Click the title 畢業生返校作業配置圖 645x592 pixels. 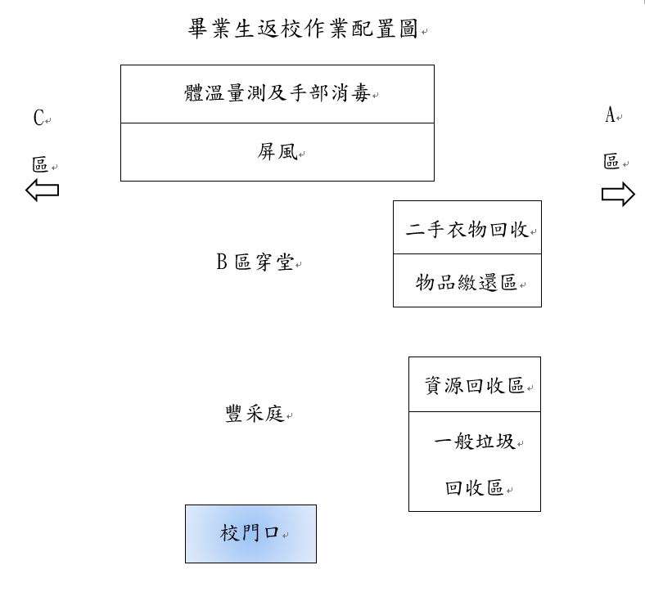coord(303,29)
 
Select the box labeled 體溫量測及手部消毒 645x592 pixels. coord(277,94)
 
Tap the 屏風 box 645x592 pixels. coord(277,152)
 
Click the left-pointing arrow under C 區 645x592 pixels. coord(42,190)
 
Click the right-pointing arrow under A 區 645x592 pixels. coord(618,194)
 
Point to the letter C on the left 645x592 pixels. coord(38,118)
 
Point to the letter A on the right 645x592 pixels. coord(610,115)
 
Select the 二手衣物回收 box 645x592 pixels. coord(467,227)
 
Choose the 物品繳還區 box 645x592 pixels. coord(467,280)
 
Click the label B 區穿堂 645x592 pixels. coord(255,262)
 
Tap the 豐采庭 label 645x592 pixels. coord(255,413)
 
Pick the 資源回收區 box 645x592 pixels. coord(475,384)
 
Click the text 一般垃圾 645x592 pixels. coord(475,442)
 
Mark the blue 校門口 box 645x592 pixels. coord(251,534)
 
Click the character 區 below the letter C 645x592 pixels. coord(40,164)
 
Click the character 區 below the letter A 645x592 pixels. coord(611,161)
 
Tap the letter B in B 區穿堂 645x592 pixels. coord(222,262)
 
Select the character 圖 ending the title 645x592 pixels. coord(408,29)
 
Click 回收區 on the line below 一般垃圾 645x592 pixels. coord(475,487)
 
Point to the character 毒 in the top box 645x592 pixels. coord(361,93)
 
